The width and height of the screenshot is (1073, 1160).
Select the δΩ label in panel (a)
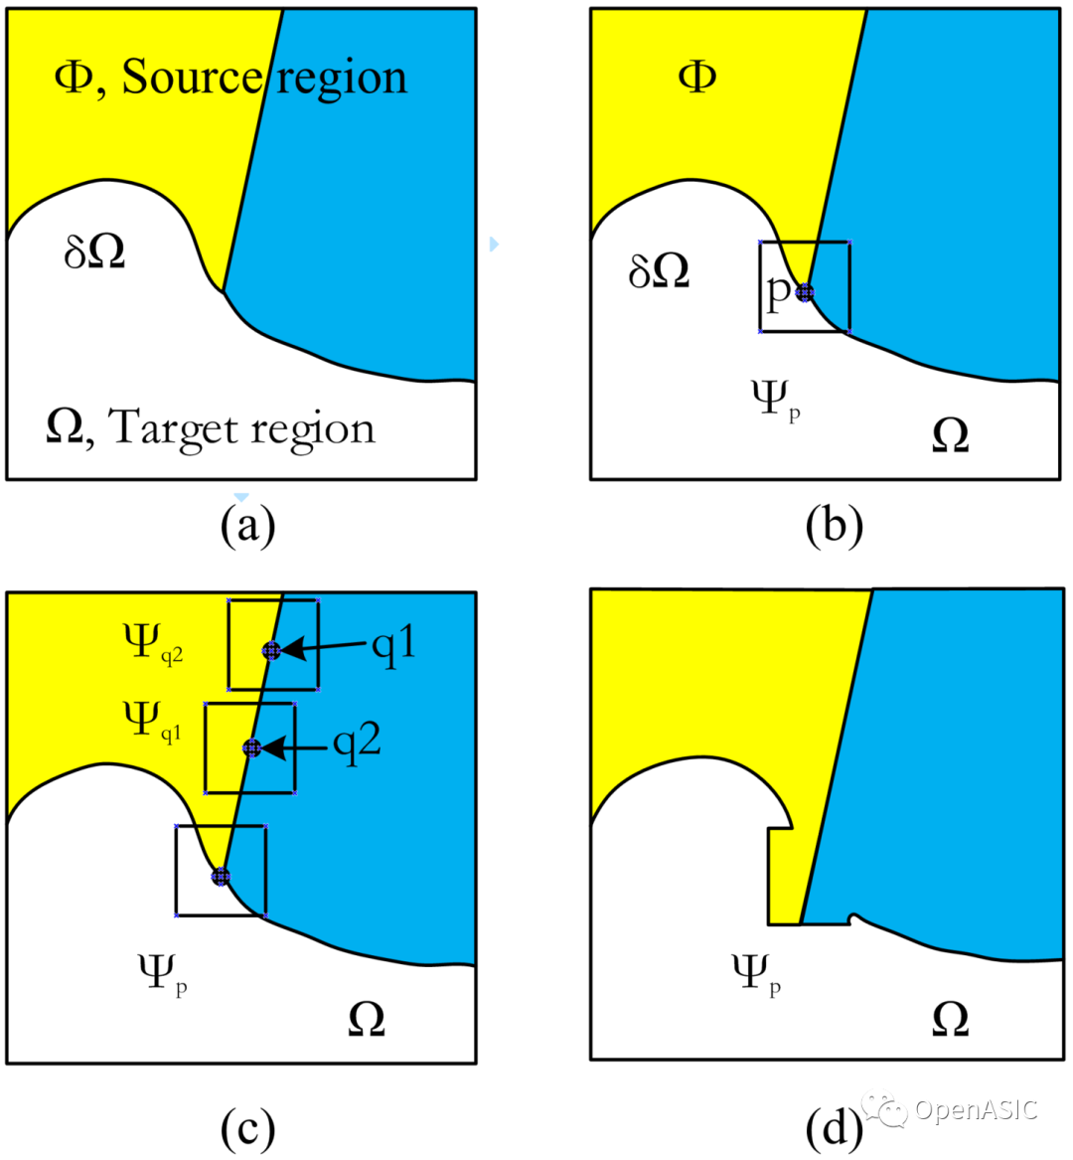click(94, 252)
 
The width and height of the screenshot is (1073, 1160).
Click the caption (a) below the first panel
click(247, 525)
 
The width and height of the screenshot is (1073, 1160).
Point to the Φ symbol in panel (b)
click(697, 77)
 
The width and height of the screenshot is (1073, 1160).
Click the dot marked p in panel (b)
click(805, 292)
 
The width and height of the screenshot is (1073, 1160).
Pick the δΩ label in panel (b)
click(659, 270)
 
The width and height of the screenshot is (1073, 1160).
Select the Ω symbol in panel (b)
click(950, 435)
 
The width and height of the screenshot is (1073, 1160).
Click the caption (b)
click(834, 525)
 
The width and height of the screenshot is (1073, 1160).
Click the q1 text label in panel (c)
click(392, 645)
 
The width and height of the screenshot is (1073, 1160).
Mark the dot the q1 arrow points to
click(271, 651)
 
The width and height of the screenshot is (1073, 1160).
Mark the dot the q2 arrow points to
click(251, 747)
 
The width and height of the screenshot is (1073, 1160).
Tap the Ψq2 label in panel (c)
click(152, 642)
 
